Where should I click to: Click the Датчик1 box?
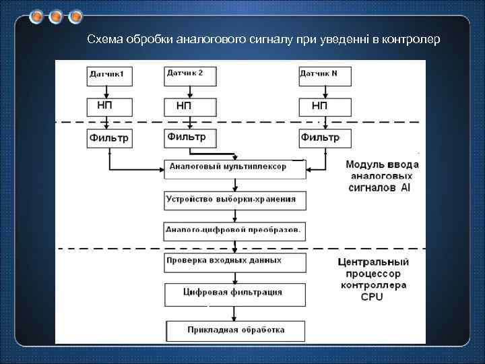coord(110,75)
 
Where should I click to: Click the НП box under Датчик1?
coord(110,106)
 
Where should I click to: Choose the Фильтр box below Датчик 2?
coord(190,138)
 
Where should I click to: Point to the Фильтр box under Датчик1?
coord(110,139)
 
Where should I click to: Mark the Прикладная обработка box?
coord(235,330)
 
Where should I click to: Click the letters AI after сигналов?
coord(405,189)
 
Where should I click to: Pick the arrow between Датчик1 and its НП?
coord(110,91)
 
